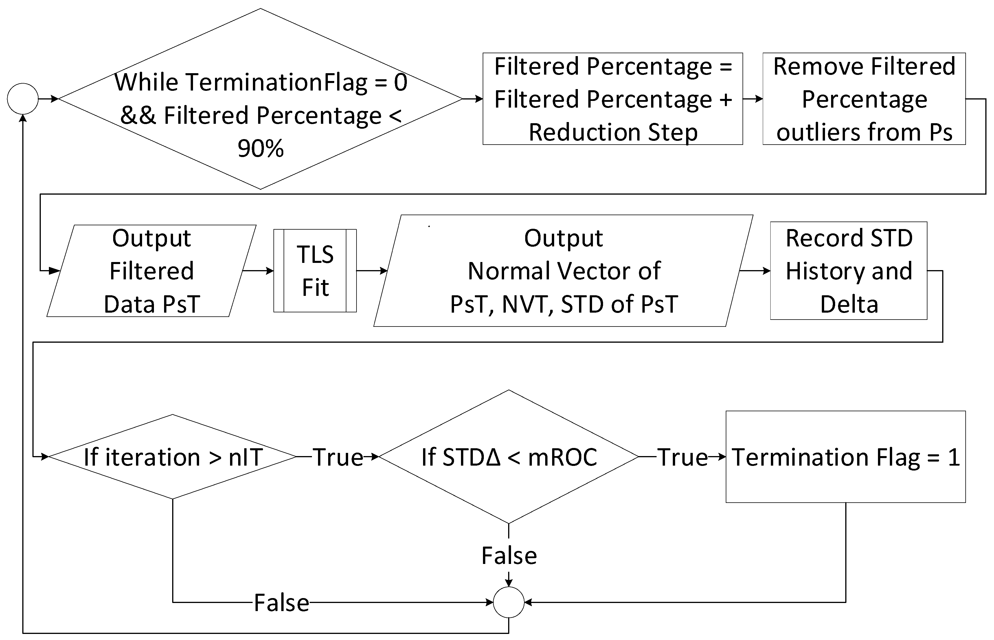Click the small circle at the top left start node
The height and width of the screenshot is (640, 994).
(23, 99)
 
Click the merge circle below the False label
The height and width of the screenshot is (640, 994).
(508, 602)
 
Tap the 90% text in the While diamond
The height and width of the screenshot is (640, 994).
(261, 148)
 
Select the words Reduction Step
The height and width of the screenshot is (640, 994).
(613, 132)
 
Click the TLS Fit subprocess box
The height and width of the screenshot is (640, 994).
(315, 270)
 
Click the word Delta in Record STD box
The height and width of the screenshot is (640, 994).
(849, 304)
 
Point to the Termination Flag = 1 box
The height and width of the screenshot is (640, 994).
(845, 457)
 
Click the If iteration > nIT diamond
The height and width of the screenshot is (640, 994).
(172, 457)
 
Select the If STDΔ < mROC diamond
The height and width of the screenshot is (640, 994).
(508, 457)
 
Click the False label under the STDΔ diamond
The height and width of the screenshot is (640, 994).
(509, 556)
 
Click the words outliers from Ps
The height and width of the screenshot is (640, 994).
(864, 132)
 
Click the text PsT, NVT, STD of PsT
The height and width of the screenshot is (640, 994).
(564, 304)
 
